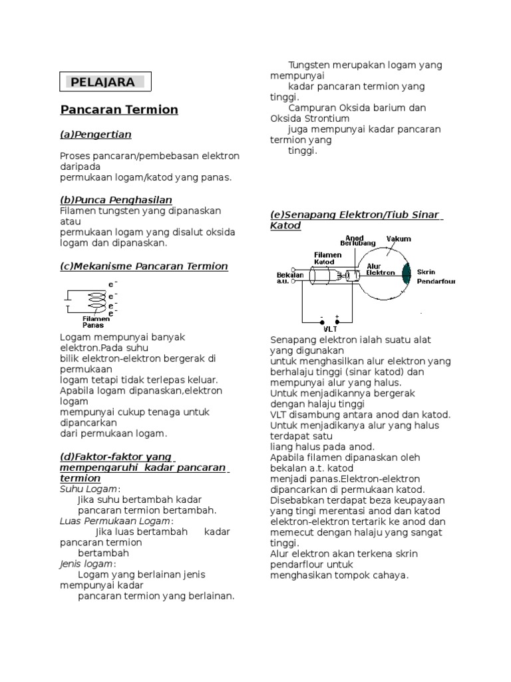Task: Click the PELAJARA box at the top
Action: (x=106, y=82)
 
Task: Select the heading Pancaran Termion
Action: (x=119, y=109)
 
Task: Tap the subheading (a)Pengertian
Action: (x=95, y=135)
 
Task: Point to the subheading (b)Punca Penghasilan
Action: (x=116, y=200)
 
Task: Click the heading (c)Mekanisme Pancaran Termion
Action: (x=144, y=266)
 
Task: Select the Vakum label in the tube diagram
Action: (x=399, y=238)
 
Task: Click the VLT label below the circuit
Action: (x=330, y=328)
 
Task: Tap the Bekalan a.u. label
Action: (x=287, y=278)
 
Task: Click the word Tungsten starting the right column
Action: (x=308, y=65)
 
